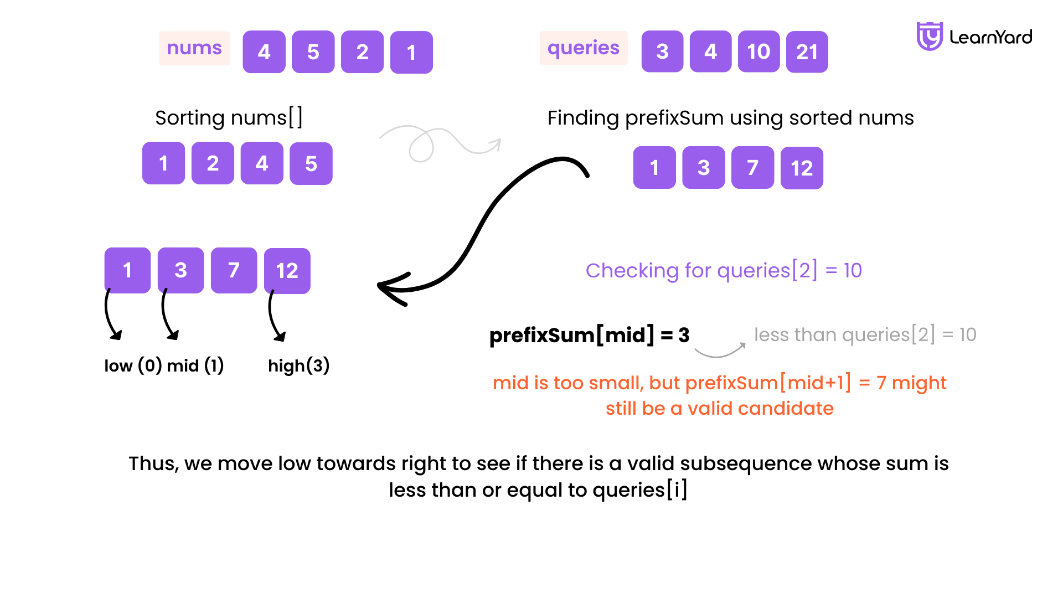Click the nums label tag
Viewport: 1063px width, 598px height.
194,48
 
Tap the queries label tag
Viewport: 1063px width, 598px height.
584,48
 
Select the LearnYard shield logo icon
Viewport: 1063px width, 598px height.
930,37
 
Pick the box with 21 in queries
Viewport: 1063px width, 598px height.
807,52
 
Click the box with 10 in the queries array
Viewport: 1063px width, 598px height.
759,52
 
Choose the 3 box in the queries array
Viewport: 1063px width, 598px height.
663,52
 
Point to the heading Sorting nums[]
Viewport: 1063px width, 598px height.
229,118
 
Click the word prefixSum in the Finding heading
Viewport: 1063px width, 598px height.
674,118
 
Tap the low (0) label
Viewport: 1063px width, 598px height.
133,365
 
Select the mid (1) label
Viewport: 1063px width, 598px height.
195,365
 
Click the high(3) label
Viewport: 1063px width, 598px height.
299,365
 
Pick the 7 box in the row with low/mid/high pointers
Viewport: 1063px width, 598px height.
234,270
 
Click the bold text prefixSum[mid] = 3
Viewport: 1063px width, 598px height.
590,335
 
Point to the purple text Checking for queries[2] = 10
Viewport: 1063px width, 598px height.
724,271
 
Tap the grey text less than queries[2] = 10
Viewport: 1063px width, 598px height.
865,335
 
